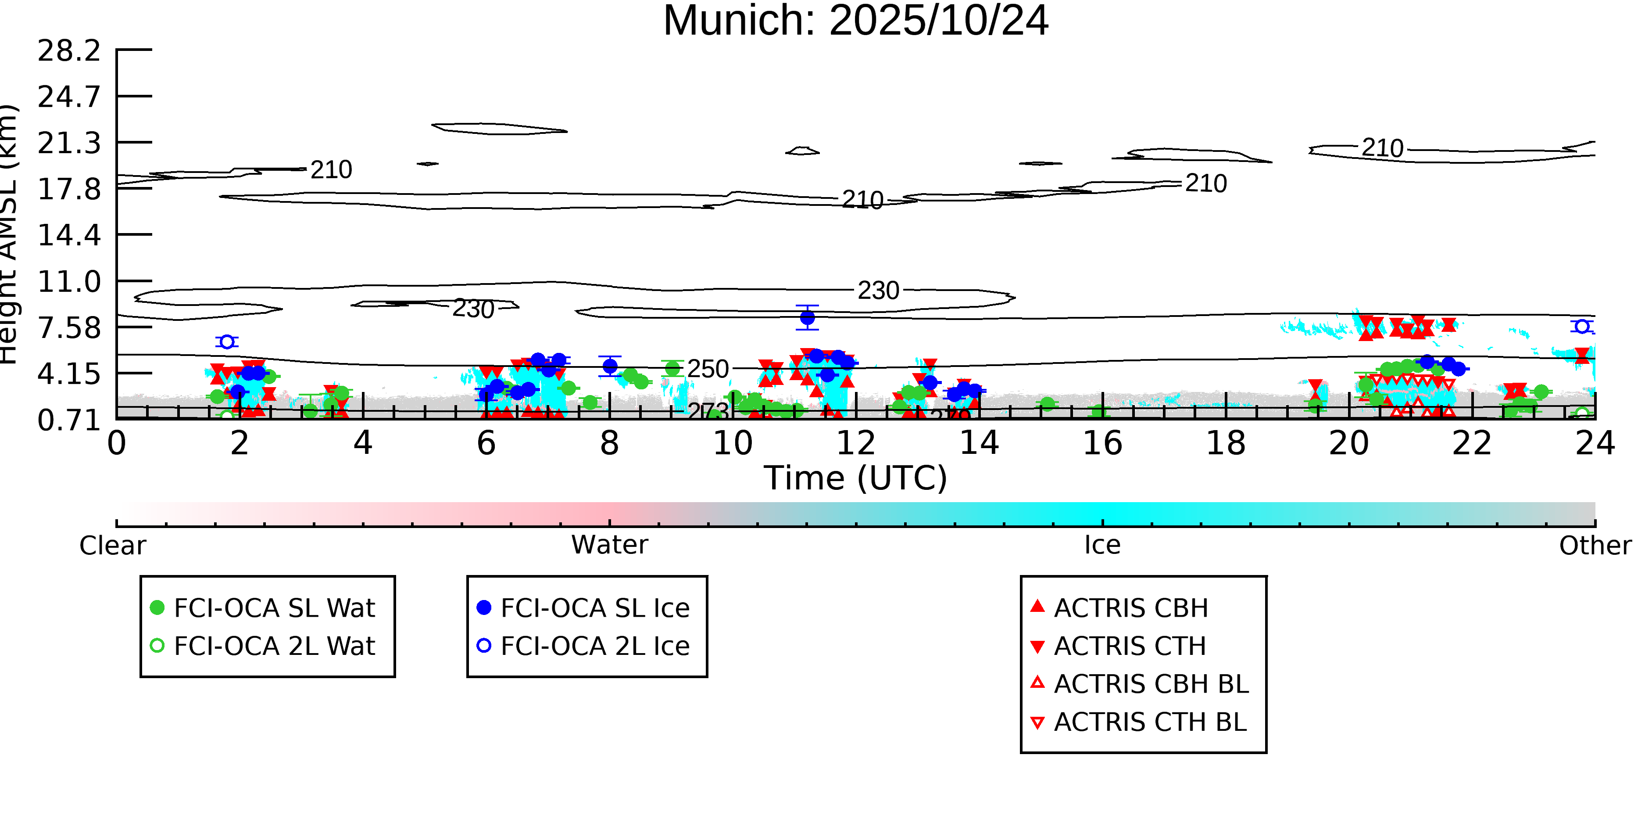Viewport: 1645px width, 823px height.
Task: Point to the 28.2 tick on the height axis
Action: tap(69, 50)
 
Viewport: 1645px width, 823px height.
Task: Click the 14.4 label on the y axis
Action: tap(69, 235)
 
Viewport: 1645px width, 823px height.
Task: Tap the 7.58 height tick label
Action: tap(69, 328)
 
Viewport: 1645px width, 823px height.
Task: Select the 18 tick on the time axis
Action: tap(1226, 443)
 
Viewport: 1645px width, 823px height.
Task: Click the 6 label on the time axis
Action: tap(486, 443)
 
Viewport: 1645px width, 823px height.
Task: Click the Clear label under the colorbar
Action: tap(112, 546)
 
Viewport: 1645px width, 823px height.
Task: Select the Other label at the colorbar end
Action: tap(1595, 546)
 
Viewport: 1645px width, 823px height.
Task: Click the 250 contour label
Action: tap(708, 369)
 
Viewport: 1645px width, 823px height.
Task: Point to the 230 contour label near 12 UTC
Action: tap(878, 291)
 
